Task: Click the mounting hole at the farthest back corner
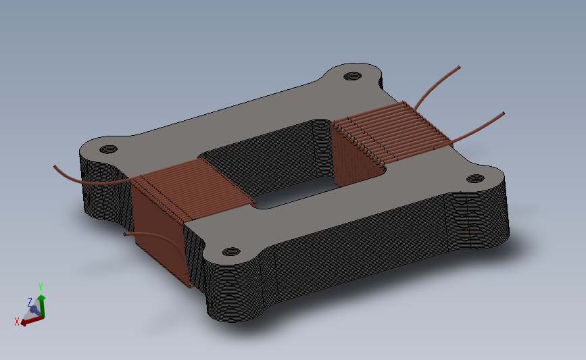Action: (352, 76)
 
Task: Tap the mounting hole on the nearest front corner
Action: (231, 251)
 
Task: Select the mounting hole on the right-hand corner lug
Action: (475, 178)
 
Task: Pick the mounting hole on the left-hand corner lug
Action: (108, 149)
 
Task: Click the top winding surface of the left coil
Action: (195, 189)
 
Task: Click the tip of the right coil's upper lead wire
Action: (459, 68)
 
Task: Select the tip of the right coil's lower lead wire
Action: (503, 113)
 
